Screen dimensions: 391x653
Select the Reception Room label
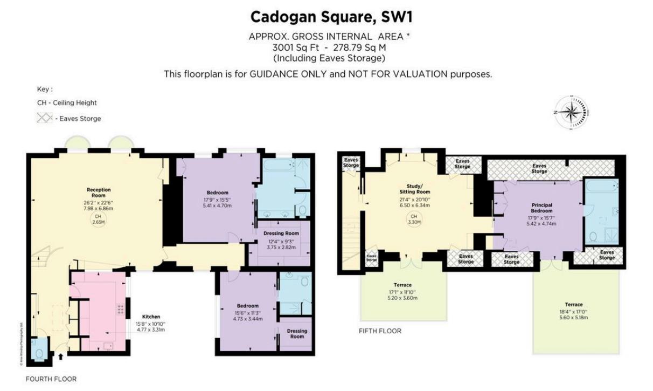tap(99, 193)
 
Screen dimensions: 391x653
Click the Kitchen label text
tap(151, 317)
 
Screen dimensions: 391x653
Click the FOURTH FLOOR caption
tap(51, 379)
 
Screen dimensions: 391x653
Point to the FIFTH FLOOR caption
tap(380, 331)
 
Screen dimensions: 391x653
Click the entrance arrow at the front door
tap(60, 356)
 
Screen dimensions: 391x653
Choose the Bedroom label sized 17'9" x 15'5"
tap(218, 193)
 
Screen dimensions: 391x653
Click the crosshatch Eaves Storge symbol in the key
tap(44, 118)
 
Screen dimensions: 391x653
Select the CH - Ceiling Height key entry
tap(67, 102)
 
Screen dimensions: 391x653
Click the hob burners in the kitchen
tap(120, 309)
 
